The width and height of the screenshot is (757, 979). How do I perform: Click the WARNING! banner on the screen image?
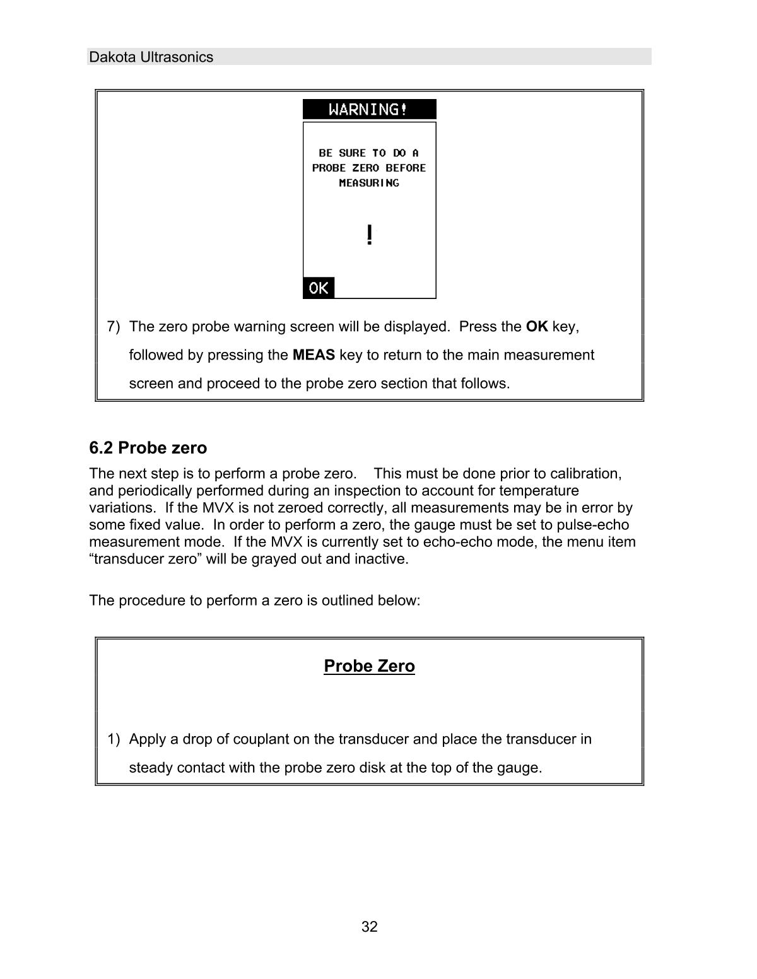point(369,110)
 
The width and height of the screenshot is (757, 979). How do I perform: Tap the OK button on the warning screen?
point(319,288)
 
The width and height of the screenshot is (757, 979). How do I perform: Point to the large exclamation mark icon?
point(369,235)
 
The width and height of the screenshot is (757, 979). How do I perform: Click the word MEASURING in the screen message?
point(369,183)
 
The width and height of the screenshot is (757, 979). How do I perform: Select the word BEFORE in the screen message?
point(406,168)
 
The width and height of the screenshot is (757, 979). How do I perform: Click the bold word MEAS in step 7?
point(314,355)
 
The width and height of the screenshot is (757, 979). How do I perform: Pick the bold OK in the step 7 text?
point(536,327)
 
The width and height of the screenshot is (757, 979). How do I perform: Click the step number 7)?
point(114,327)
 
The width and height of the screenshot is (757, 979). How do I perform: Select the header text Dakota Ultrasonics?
point(151,57)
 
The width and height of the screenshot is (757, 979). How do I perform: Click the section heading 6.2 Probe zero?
point(148,448)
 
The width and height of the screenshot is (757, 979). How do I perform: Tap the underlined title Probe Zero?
point(369,666)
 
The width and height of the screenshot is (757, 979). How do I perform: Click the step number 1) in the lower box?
point(114,739)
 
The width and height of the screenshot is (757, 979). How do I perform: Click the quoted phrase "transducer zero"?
point(146,559)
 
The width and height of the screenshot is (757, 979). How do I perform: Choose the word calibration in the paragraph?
point(585,474)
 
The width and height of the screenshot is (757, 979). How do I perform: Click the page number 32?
point(370,927)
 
